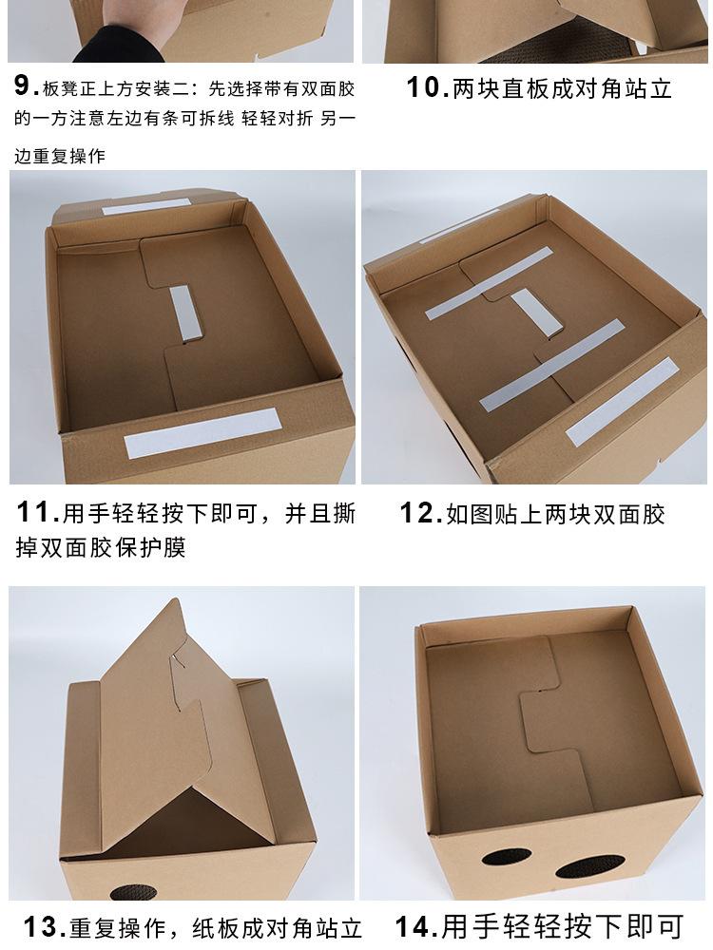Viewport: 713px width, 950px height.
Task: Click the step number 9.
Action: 25,87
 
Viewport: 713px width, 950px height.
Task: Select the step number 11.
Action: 37,514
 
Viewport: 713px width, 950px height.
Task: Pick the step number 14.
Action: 417,926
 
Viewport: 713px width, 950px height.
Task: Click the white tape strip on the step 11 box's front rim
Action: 202,433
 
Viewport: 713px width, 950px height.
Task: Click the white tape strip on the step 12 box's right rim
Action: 623,404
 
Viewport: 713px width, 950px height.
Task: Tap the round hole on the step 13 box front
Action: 124,894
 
